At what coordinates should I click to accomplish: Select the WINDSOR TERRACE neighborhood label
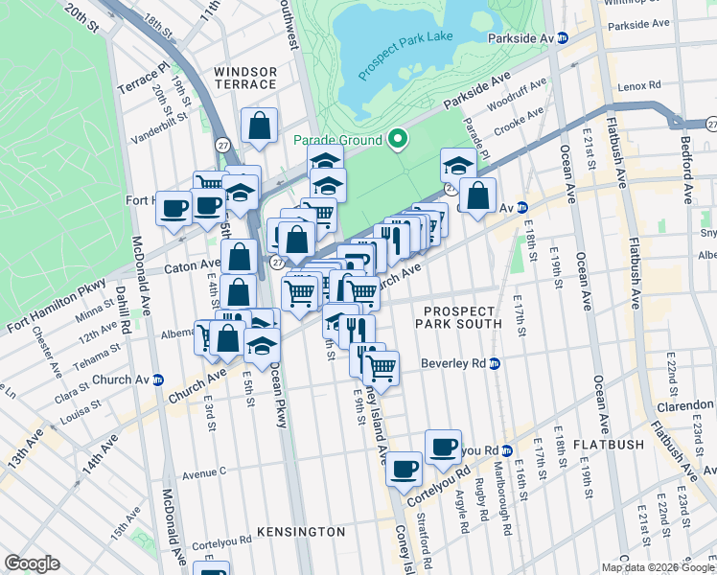(245, 78)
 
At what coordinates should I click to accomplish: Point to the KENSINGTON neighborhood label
(301, 531)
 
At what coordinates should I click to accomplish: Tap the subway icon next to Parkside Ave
(564, 37)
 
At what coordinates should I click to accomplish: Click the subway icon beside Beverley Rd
(495, 364)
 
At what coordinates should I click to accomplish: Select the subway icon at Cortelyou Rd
(507, 450)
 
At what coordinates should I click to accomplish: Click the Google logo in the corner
(32, 563)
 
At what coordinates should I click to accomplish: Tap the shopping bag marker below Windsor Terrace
(259, 126)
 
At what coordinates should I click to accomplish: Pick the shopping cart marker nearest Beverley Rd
(382, 368)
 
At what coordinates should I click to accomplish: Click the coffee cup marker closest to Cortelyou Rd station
(443, 447)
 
